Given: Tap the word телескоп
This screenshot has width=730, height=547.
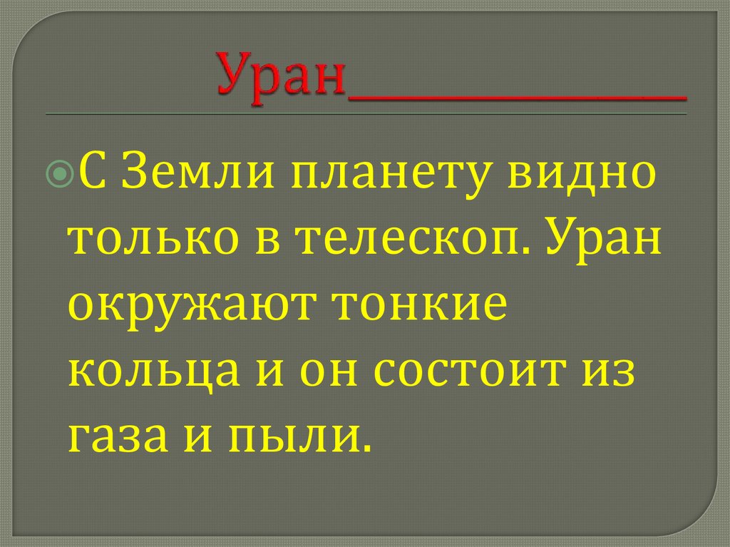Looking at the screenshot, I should (x=403, y=243).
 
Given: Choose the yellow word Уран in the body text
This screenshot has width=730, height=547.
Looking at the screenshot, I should (x=602, y=243).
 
